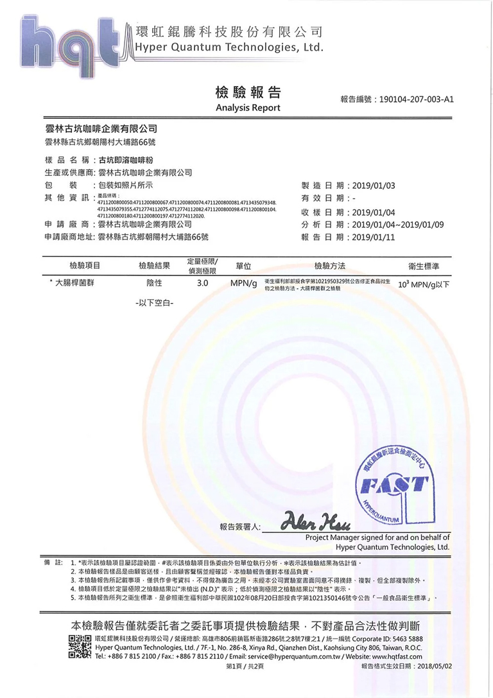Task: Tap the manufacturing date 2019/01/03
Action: [x=374, y=186]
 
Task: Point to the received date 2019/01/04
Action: [x=374, y=213]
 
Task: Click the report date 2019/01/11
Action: [x=374, y=238]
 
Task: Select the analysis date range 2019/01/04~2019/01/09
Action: [x=398, y=225]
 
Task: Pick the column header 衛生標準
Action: [x=423, y=266]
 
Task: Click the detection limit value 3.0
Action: [x=202, y=283]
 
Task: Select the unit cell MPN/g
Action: [x=243, y=283]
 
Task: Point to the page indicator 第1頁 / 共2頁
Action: [x=245, y=667]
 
